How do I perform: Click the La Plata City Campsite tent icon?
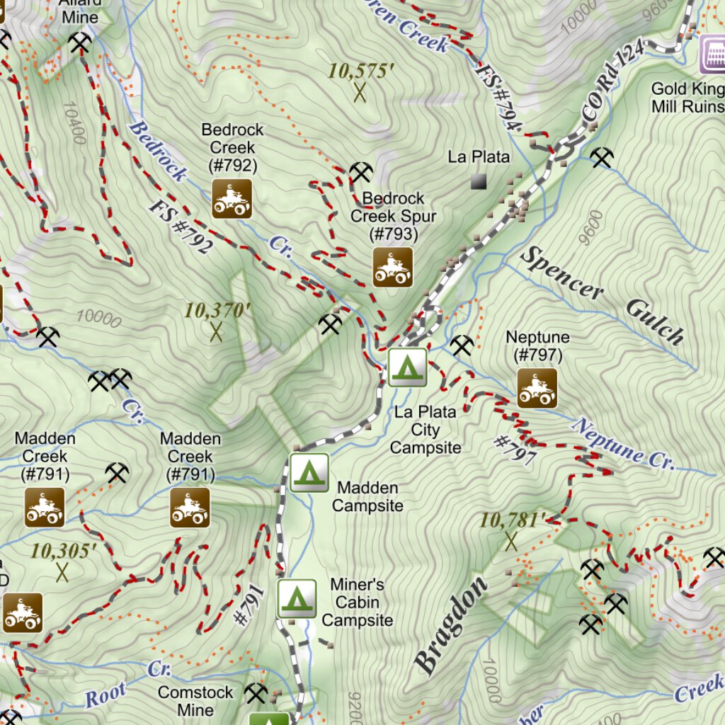coord(407,367)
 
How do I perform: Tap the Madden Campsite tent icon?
coord(309,472)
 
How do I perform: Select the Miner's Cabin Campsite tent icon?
coord(297,598)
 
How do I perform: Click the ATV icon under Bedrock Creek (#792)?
coord(232,198)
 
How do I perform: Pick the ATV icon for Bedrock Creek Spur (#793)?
coord(393,267)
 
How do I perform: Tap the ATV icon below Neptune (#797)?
coord(537,388)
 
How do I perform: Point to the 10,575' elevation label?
coord(361,72)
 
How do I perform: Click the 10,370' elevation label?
coord(218,311)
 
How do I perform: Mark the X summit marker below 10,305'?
coord(62,572)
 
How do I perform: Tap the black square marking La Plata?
coord(479,182)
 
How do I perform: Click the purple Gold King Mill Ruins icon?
coord(712,55)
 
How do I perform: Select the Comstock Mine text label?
coord(195,700)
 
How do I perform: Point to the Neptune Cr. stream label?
coord(624,445)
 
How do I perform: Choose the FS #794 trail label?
coord(500,97)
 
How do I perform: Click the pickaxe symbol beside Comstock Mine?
coord(255,693)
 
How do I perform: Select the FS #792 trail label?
coord(181,226)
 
